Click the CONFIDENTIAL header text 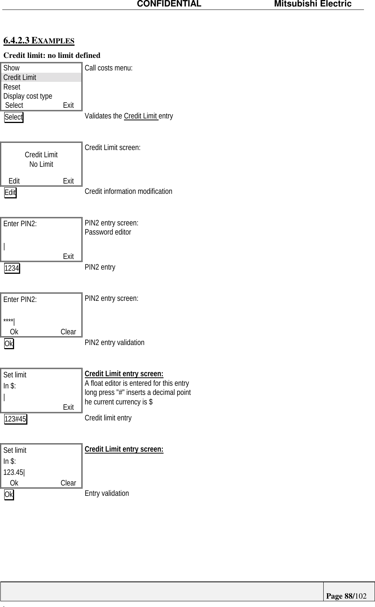[169, 4]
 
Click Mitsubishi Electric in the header [313, 4]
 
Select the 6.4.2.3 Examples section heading [39, 40]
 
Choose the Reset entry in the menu [12, 87]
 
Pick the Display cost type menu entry [28, 96]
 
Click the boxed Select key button [14, 117]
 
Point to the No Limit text [41, 164]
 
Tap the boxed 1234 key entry [12, 268]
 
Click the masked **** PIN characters [8, 322]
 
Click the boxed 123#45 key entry [16, 419]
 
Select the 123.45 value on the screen [13, 472]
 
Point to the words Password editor [108, 232]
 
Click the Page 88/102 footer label [346, 596]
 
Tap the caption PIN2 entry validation [114, 342]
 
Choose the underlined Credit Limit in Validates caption [141, 116]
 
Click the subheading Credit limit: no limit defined [52, 55]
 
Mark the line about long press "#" [138, 392]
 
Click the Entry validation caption [106, 493]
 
